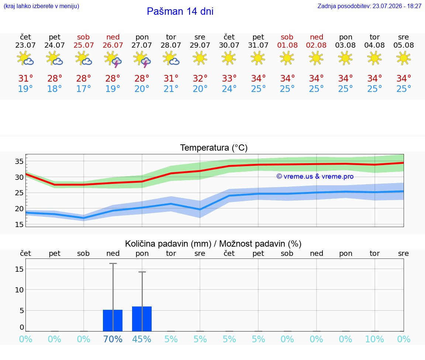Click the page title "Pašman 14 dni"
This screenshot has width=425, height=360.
pyautogui.click(x=180, y=11)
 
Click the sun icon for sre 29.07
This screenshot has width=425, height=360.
pyautogui.click(x=200, y=58)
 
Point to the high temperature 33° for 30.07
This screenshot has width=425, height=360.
pyautogui.click(x=229, y=78)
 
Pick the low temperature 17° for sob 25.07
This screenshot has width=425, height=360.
pyautogui.click(x=83, y=89)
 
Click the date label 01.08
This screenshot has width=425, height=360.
pyautogui.click(x=287, y=45)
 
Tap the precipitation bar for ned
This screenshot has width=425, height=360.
pyautogui.click(x=113, y=320)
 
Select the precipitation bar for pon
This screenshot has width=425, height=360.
pyautogui.click(x=142, y=319)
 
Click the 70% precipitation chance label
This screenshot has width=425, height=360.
pyautogui.click(x=113, y=339)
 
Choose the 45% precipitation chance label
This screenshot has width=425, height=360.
pyautogui.click(x=142, y=339)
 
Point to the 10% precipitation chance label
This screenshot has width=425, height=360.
pyautogui.click(x=374, y=339)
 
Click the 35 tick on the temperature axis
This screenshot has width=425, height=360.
pyautogui.click(x=19, y=161)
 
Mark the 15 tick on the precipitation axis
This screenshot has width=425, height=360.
pyautogui.click(x=19, y=269)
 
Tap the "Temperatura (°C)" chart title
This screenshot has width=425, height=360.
pyautogui.click(x=214, y=148)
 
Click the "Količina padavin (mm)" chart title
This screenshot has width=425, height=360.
pyautogui.click(x=168, y=244)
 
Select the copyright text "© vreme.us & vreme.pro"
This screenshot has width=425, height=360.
pyautogui.click(x=315, y=176)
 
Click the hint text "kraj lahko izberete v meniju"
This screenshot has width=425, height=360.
pyautogui.click(x=41, y=6)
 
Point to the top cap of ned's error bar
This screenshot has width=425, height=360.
pyautogui.click(x=113, y=263)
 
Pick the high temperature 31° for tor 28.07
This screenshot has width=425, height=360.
pyautogui.click(x=171, y=78)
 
